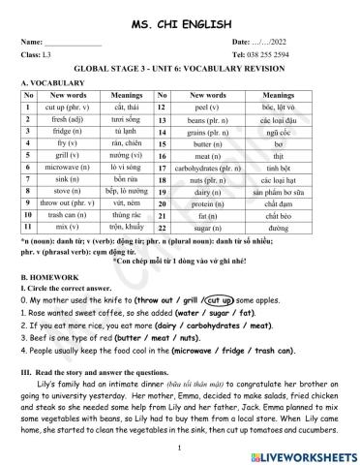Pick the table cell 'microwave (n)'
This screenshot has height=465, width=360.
68,167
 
